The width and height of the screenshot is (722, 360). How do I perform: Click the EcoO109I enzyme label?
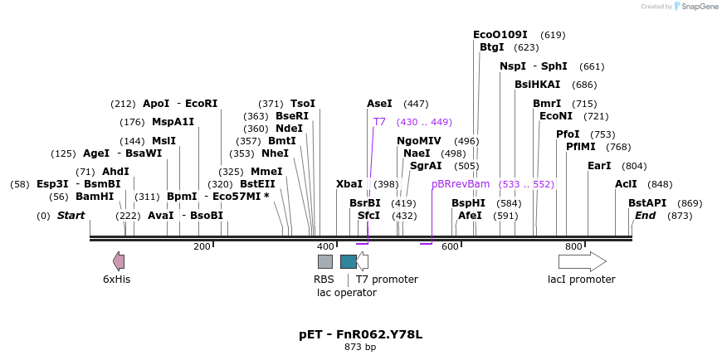(x=500, y=35)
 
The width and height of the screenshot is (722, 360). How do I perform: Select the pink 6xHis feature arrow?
(x=119, y=261)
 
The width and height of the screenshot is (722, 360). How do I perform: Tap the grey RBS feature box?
(x=325, y=261)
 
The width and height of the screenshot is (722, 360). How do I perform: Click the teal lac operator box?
(x=349, y=261)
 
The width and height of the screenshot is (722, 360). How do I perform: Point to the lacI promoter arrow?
(x=582, y=261)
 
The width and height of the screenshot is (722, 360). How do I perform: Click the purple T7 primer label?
(x=379, y=122)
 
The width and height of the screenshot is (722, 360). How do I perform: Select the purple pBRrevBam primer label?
(x=461, y=183)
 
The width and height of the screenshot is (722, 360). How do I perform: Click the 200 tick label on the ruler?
(x=202, y=246)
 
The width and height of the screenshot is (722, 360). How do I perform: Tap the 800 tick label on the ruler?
(x=573, y=246)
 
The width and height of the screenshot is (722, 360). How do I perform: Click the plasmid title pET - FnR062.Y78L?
(x=360, y=334)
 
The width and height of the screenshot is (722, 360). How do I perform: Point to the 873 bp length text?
(x=360, y=347)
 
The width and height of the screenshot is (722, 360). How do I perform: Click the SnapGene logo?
(x=697, y=6)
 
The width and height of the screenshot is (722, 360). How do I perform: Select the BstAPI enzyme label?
(x=647, y=203)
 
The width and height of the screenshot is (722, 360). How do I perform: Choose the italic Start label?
(x=71, y=216)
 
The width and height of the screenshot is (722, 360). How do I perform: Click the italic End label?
(x=646, y=216)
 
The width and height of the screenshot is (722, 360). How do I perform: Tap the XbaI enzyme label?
(x=349, y=184)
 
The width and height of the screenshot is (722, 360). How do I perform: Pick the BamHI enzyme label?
(x=95, y=197)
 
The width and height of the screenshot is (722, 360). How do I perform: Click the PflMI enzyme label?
(x=581, y=147)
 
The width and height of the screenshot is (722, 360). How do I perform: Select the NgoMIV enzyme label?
(x=419, y=141)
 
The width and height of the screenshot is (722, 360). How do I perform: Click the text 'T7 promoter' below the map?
(x=387, y=280)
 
